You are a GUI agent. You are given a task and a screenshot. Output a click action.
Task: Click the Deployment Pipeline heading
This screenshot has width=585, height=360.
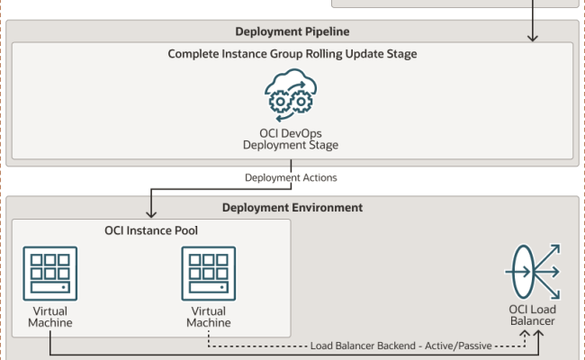point(292,31)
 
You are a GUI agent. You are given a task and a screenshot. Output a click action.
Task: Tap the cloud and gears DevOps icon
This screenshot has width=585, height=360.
point(291,96)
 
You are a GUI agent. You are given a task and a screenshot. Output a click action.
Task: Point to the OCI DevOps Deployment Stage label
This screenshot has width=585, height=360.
point(292,139)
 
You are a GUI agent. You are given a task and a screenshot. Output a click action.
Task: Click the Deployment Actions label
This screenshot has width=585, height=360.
point(292,177)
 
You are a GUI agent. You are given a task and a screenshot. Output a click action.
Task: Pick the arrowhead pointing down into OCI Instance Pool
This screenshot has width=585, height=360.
point(150,212)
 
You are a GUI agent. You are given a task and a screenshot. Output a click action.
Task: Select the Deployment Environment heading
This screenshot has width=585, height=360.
point(292,208)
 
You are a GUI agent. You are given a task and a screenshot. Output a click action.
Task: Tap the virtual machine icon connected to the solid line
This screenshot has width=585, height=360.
point(50,274)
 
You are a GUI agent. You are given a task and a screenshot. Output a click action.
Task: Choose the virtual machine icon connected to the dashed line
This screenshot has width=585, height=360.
point(209,274)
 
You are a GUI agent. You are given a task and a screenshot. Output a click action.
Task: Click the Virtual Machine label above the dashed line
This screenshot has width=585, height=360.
point(209,317)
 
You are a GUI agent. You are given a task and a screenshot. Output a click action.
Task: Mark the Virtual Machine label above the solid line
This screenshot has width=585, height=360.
point(50,317)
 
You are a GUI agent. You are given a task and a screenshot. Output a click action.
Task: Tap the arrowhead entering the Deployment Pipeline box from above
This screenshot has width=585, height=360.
point(533,37)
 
